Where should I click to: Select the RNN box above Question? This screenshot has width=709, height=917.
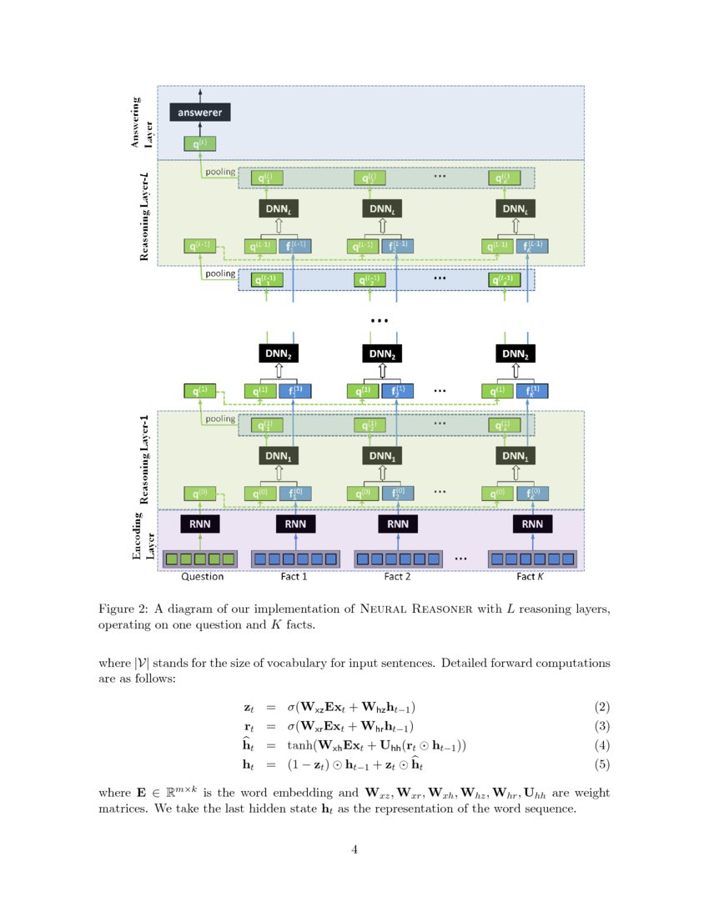coord(200,524)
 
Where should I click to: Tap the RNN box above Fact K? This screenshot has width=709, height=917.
coord(531,524)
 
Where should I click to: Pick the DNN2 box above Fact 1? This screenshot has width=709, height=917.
coord(276,353)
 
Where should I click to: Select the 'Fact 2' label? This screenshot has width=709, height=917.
coord(397,576)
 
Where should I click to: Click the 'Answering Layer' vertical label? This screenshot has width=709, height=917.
coord(143,123)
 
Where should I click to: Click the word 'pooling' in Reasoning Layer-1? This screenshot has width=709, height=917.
coord(220,419)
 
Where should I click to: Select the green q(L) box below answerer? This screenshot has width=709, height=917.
coord(200,144)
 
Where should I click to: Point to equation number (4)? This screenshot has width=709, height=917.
coord(602,744)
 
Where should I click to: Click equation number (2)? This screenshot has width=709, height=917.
coord(602,708)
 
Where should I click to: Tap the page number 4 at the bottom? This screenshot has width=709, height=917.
coord(354,849)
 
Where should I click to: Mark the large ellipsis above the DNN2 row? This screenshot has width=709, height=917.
coord(380,321)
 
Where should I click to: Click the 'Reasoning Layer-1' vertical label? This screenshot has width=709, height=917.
coord(144,458)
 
